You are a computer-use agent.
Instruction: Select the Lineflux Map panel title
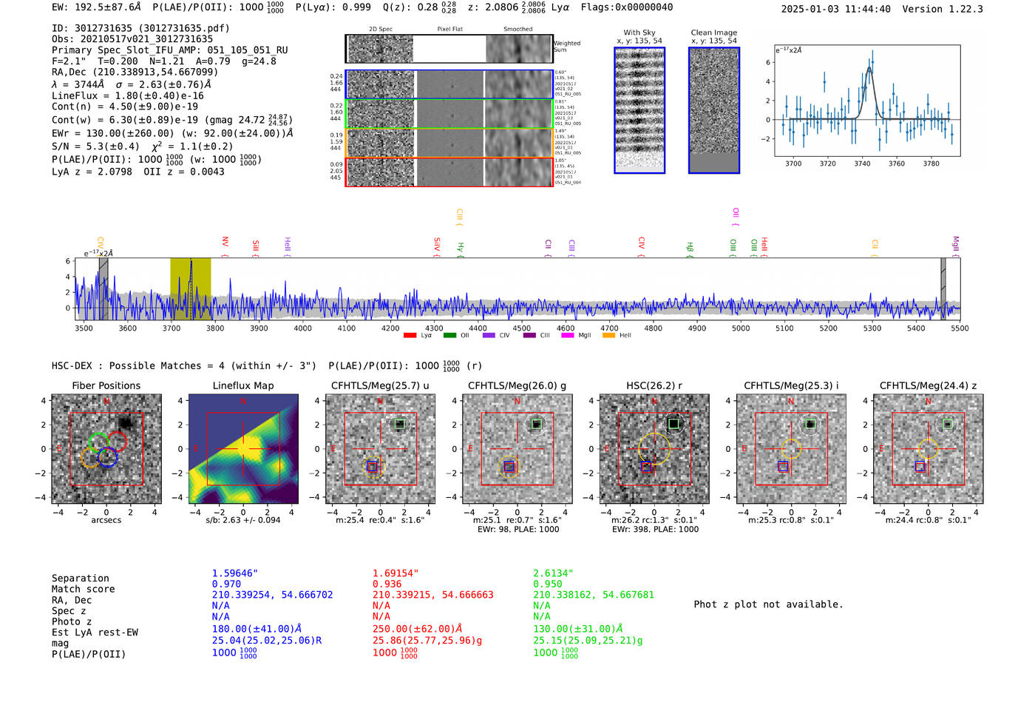point(242,385)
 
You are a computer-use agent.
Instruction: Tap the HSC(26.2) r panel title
point(654,385)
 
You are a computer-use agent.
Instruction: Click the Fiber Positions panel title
point(106,385)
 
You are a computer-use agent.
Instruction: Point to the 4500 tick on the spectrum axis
point(522,328)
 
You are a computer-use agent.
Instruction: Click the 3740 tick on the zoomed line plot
point(862,163)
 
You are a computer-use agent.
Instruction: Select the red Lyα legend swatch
point(410,336)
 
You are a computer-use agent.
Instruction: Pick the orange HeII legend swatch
point(609,336)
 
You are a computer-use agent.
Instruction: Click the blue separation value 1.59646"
point(234,573)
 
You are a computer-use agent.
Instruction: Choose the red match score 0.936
point(387,584)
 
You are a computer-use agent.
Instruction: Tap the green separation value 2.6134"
point(553,573)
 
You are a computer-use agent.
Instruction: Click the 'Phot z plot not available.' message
point(768,604)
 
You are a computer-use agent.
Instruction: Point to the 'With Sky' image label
point(639,33)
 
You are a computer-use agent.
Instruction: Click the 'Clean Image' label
point(713,33)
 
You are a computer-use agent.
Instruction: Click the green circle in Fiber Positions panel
point(98,442)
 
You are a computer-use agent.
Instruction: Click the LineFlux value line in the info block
point(127,95)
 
